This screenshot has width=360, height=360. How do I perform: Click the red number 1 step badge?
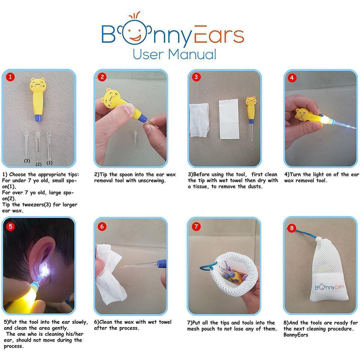[10, 77]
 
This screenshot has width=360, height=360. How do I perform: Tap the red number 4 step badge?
[292, 78]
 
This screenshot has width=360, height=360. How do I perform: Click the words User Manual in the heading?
[174, 54]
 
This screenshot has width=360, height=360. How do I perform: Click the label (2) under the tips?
[38, 164]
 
